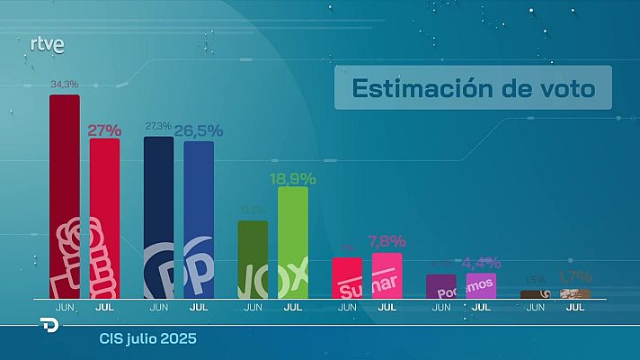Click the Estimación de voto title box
click(x=472, y=88)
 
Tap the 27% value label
click(x=104, y=130)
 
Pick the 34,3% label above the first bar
click(x=64, y=85)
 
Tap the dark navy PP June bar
click(x=159, y=217)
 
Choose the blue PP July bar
click(x=199, y=219)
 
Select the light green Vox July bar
click(x=293, y=242)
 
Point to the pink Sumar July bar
click(x=387, y=274)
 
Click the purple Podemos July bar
click(x=481, y=285)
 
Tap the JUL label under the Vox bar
click(x=293, y=307)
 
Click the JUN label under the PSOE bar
click(x=64, y=307)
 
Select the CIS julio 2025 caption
click(x=147, y=339)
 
